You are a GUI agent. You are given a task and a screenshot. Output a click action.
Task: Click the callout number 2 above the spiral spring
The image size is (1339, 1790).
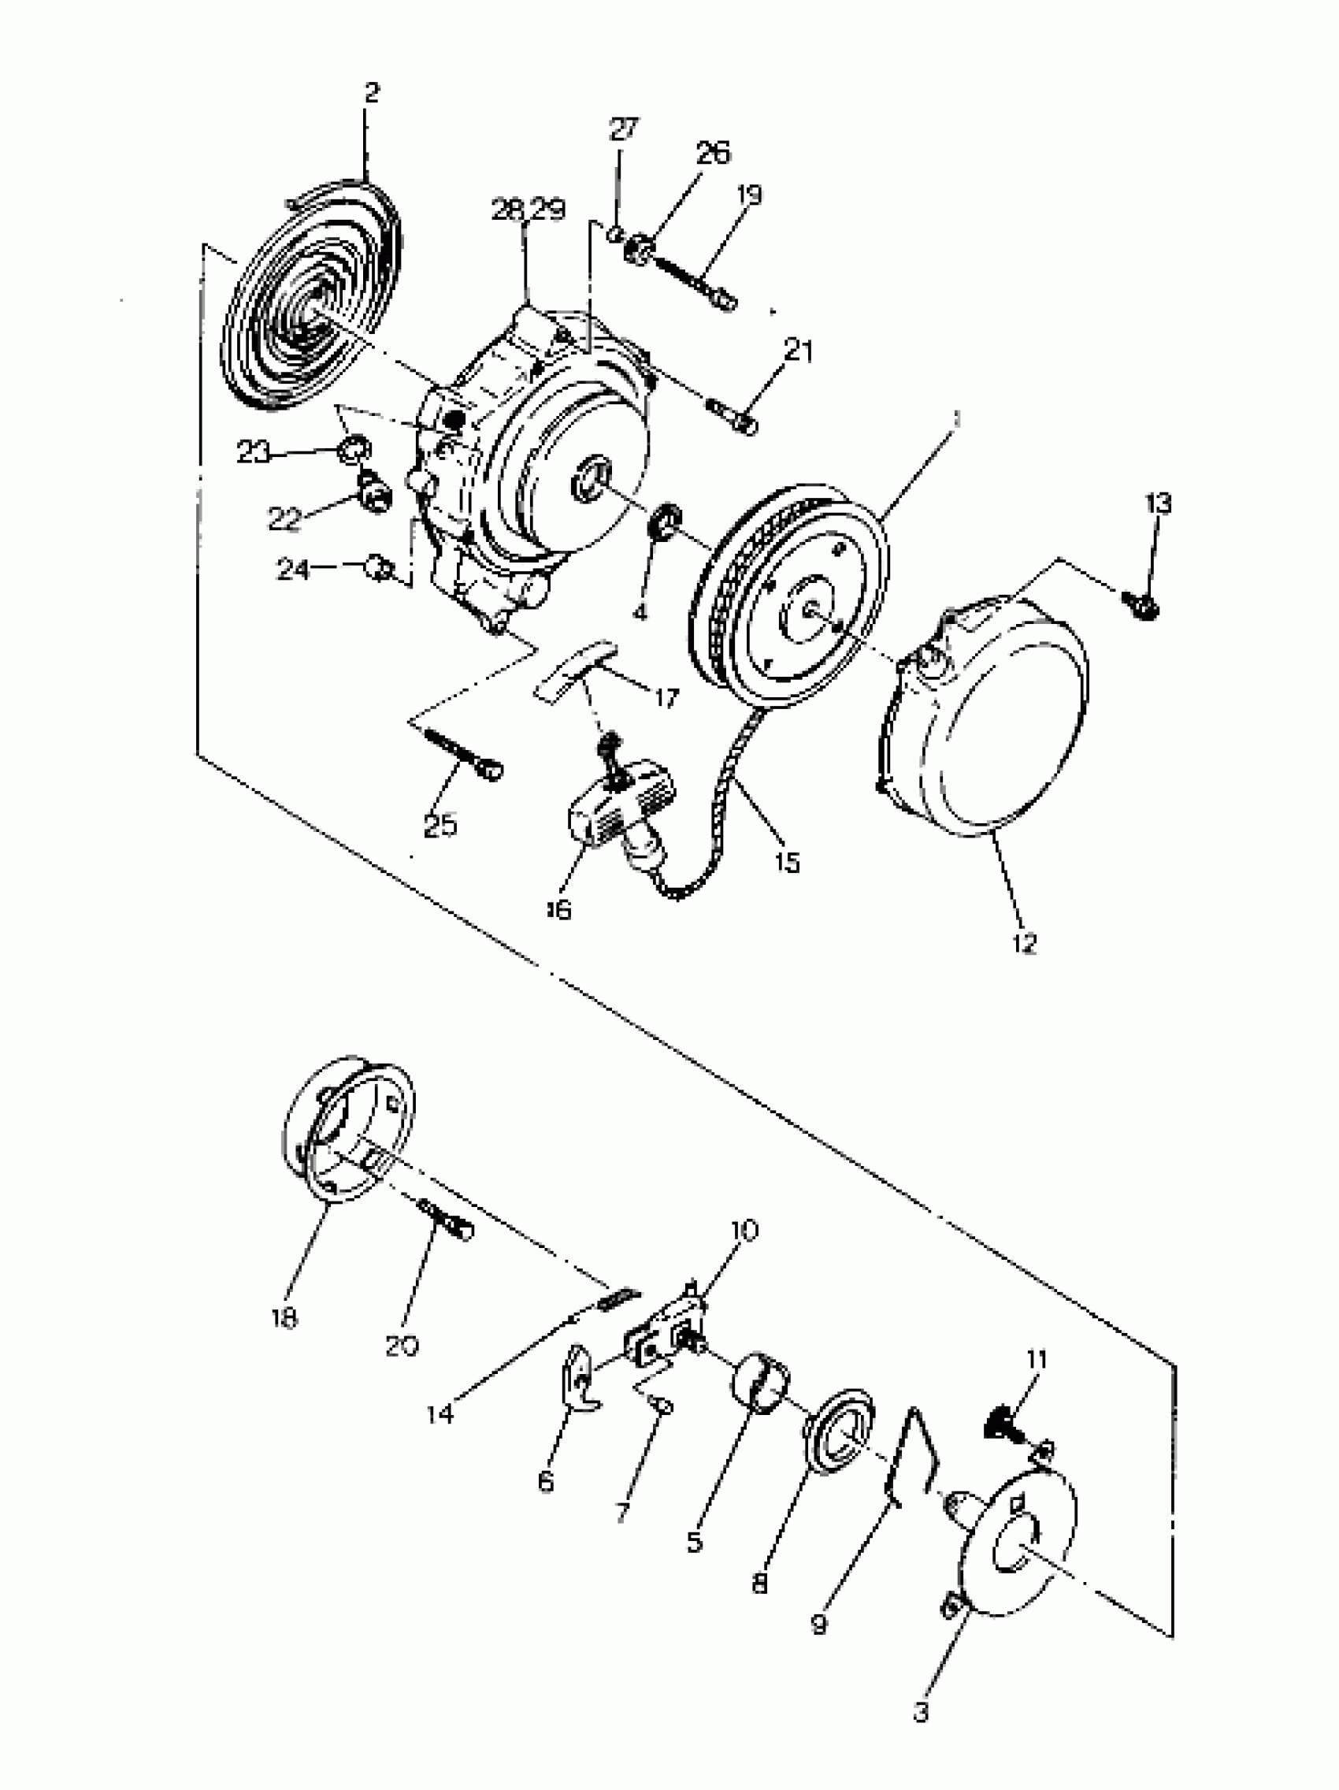point(370,92)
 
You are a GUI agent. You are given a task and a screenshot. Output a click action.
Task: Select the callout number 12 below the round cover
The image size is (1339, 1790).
point(1023,943)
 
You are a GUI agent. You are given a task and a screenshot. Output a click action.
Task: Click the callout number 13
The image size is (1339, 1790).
point(1158,503)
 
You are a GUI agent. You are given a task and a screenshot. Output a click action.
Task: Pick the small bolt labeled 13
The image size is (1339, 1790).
point(1143,604)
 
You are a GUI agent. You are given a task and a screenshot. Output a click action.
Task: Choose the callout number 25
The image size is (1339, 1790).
point(440,826)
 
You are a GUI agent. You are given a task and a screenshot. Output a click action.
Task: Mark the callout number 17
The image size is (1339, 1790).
point(666,697)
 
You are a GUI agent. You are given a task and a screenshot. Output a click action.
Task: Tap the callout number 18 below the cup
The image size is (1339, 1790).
point(285,1317)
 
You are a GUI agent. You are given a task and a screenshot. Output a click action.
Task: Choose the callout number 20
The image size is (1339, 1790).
point(402,1346)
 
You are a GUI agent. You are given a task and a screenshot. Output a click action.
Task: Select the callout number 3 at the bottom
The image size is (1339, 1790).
point(921,1712)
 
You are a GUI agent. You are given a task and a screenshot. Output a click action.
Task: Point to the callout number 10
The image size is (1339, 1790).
point(744,1230)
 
